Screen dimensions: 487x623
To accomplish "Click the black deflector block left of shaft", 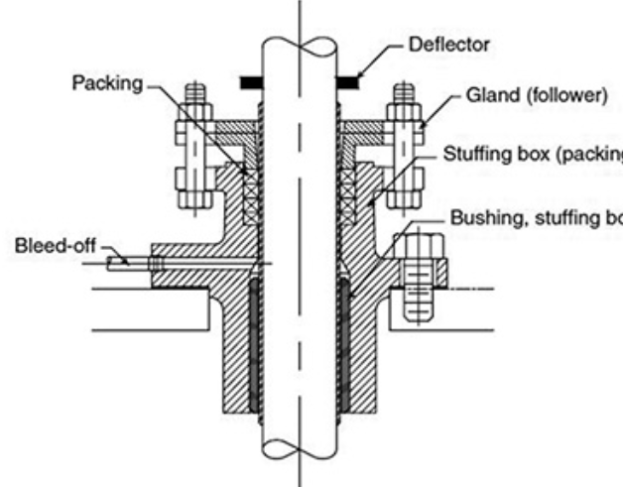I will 253,76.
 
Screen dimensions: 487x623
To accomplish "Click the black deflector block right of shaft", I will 346,76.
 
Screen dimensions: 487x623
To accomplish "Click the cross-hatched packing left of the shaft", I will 250,179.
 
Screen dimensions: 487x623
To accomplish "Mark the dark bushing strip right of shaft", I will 343,347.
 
